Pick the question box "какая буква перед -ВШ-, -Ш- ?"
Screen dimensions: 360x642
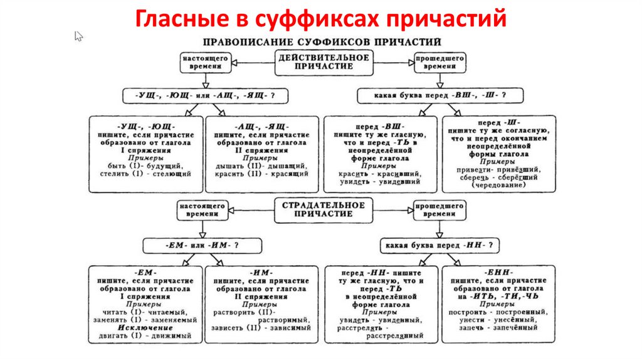coord(432,96)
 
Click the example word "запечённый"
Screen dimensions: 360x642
coord(523,327)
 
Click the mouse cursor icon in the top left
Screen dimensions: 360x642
coord(78,36)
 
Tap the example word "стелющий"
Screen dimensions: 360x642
coord(172,172)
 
